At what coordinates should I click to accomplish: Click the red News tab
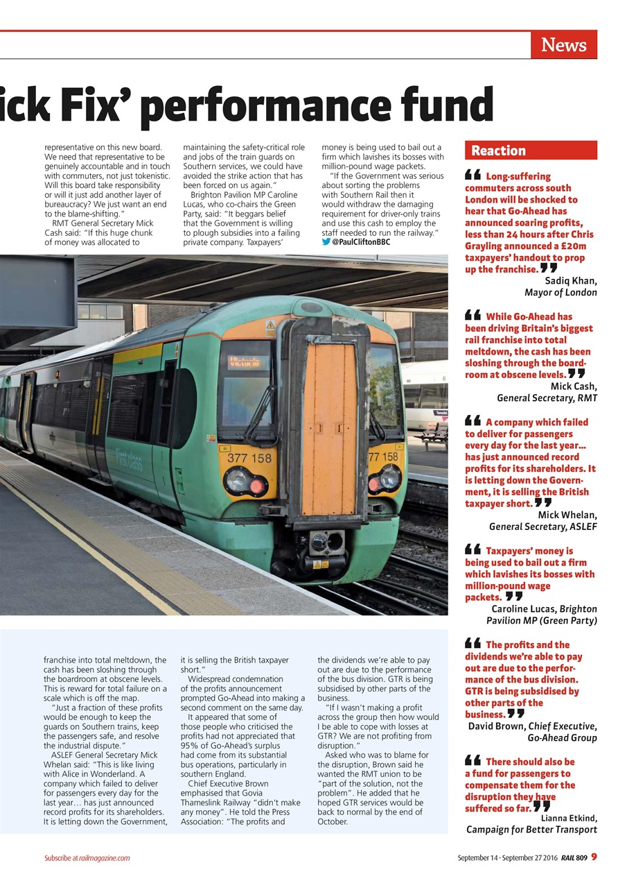tap(563, 45)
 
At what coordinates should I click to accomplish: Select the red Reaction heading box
tap(530, 151)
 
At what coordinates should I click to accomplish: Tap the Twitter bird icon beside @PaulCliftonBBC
tap(326, 242)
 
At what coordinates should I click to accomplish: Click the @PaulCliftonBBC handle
tap(360, 242)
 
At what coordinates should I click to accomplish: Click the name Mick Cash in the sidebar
tap(573, 386)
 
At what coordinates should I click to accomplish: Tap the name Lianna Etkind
tap(568, 818)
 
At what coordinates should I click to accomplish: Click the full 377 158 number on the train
tap(249, 458)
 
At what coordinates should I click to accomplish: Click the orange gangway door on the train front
tap(329, 430)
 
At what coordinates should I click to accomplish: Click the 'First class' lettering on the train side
tap(130, 458)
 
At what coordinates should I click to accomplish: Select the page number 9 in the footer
tap(594, 857)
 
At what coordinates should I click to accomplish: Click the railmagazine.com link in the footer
tap(104, 858)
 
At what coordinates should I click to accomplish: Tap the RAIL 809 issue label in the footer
tap(574, 858)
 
